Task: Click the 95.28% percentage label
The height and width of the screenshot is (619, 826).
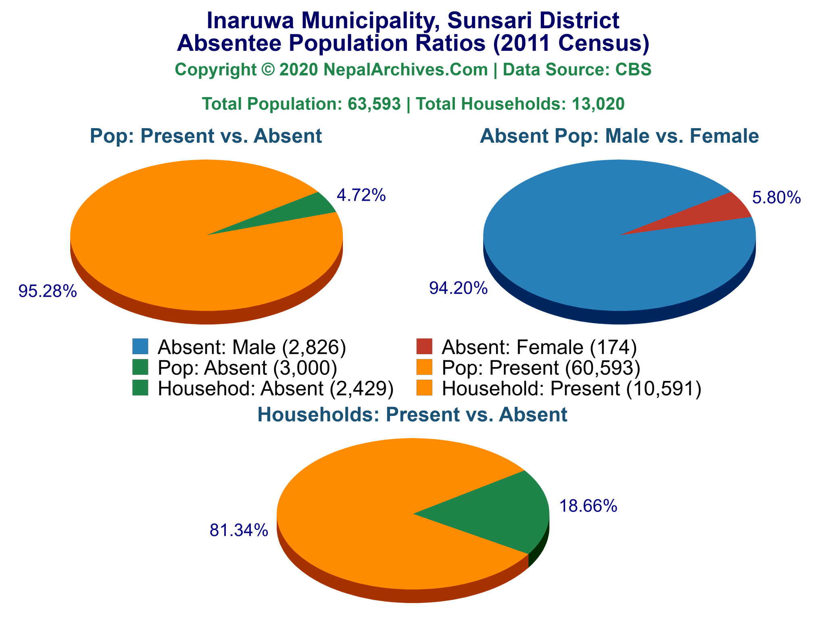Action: (48, 291)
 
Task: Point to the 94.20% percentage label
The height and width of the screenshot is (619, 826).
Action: (459, 289)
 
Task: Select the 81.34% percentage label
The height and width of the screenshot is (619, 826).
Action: (239, 531)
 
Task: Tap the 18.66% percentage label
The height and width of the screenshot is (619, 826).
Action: (588, 506)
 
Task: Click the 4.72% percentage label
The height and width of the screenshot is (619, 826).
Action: (361, 196)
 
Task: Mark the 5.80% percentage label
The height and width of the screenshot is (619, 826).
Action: (776, 198)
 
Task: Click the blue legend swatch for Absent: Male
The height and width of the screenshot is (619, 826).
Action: (140, 346)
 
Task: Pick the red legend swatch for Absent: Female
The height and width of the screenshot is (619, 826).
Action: (424, 346)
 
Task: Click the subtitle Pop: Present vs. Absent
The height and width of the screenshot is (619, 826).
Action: (206, 136)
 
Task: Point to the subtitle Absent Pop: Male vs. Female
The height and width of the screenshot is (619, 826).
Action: (619, 136)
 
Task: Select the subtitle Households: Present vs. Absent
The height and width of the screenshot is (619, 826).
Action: (412, 415)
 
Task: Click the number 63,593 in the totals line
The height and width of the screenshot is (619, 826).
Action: (374, 104)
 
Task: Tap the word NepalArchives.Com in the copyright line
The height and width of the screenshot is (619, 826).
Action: (405, 70)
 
